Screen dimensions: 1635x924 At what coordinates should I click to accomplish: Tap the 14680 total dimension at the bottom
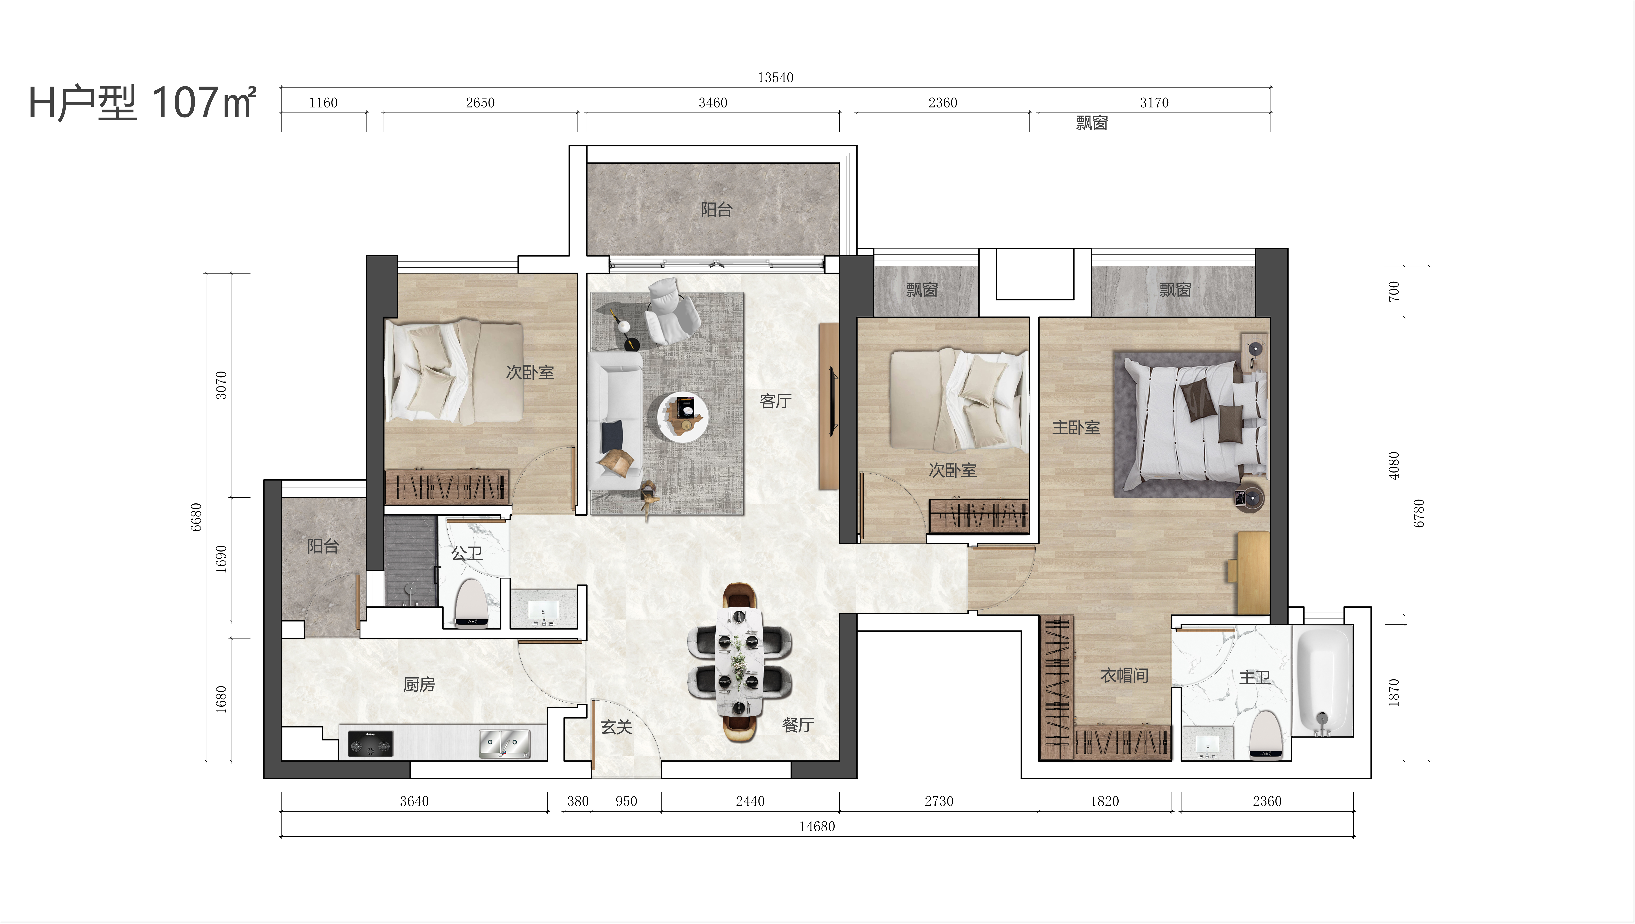pos(817,826)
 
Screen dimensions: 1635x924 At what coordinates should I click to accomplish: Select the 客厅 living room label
pos(776,401)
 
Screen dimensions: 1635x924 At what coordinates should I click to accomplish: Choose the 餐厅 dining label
pos(798,725)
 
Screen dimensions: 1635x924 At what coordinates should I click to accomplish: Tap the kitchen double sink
pos(504,744)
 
